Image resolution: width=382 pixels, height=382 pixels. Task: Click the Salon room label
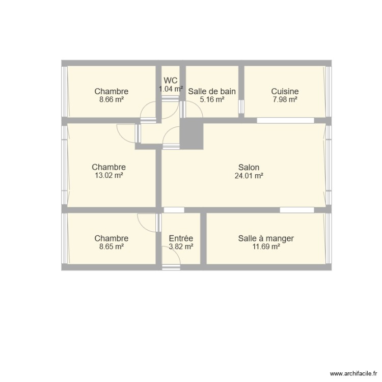249,167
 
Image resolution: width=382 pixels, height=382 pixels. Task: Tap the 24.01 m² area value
249,176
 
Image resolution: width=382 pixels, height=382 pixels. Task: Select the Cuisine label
285,92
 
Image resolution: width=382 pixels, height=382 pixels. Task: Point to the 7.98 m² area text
285,100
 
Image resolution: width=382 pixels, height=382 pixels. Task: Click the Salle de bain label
212,92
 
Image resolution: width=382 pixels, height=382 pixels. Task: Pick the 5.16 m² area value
212,100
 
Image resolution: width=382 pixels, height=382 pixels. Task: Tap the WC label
170,80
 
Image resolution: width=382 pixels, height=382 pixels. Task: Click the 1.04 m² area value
170,89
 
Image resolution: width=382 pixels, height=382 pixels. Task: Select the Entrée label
181,238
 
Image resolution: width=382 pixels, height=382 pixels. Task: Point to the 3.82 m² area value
181,247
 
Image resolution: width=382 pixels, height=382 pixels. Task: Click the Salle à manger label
266,238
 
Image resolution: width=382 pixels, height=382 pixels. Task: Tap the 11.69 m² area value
266,247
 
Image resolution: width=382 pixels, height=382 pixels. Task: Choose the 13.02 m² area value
108,176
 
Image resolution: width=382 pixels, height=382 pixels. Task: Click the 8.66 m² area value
111,100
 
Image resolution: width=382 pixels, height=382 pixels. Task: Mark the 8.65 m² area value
111,247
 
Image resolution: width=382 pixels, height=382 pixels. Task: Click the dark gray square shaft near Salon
192,135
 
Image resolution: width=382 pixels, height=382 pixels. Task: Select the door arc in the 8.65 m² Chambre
148,223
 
